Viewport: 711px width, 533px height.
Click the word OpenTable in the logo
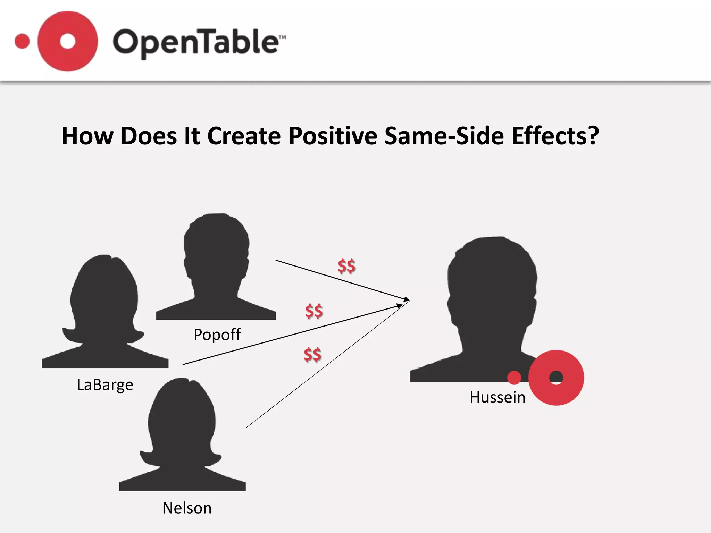(198, 42)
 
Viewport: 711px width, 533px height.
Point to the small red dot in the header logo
(22, 41)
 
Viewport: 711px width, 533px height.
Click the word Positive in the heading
(333, 136)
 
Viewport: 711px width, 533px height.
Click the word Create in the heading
(244, 136)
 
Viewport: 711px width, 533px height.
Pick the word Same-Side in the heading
(444, 136)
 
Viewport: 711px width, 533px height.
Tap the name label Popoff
(217, 335)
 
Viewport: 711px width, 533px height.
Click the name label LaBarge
(105, 384)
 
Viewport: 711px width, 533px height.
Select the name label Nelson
(187, 508)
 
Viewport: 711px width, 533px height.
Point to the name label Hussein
(497, 397)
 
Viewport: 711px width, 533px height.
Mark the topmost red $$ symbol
(346, 266)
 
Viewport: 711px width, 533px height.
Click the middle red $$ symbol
(314, 311)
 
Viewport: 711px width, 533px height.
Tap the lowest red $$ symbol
(312, 355)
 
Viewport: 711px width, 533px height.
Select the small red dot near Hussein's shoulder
(514, 378)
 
